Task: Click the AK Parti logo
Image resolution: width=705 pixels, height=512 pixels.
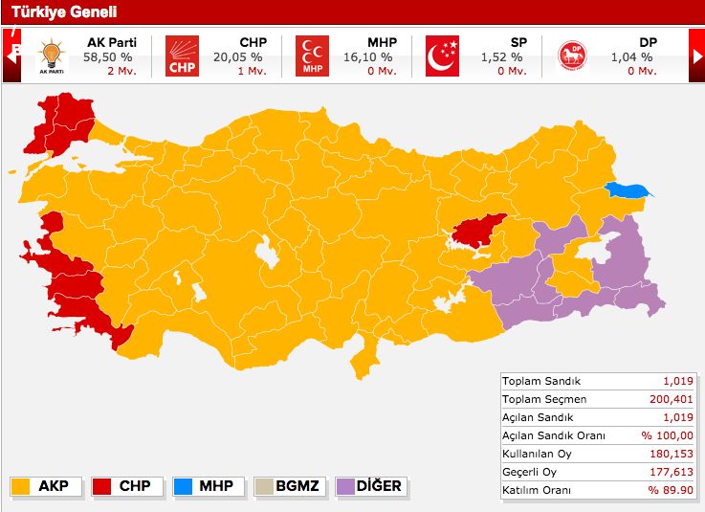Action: [52, 56]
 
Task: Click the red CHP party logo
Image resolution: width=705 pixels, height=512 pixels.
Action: [182, 56]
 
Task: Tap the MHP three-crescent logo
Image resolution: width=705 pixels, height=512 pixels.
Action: [312, 56]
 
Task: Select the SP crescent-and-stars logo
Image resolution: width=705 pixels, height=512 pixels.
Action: [442, 56]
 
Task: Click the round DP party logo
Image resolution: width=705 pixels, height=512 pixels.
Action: [572, 56]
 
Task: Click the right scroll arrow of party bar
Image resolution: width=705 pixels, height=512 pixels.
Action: [697, 56]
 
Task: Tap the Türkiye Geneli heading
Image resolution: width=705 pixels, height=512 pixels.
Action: [52, 11]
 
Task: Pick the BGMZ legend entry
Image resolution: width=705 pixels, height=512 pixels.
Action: [286, 486]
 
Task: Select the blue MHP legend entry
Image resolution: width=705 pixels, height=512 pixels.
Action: [204, 486]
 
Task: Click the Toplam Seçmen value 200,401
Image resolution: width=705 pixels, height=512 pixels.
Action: [668, 398]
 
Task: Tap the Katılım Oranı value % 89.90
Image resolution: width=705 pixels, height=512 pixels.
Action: [667, 489]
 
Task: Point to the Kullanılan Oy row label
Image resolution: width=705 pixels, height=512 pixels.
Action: [539, 453]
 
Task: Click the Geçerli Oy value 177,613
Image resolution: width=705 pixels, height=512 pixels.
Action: [668, 471]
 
